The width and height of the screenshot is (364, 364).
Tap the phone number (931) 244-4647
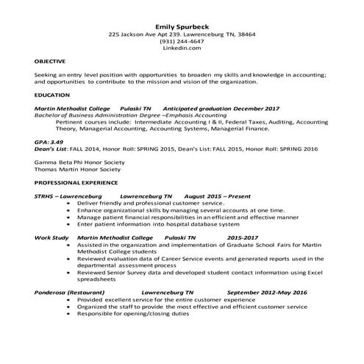(x=182, y=41)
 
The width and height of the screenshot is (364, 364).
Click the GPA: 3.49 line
(x=49, y=140)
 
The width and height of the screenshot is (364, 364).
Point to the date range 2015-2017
(x=243, y=238)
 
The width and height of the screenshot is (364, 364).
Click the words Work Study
(x=51, y=238)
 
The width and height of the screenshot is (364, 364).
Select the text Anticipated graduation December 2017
(x=213, y=108)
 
